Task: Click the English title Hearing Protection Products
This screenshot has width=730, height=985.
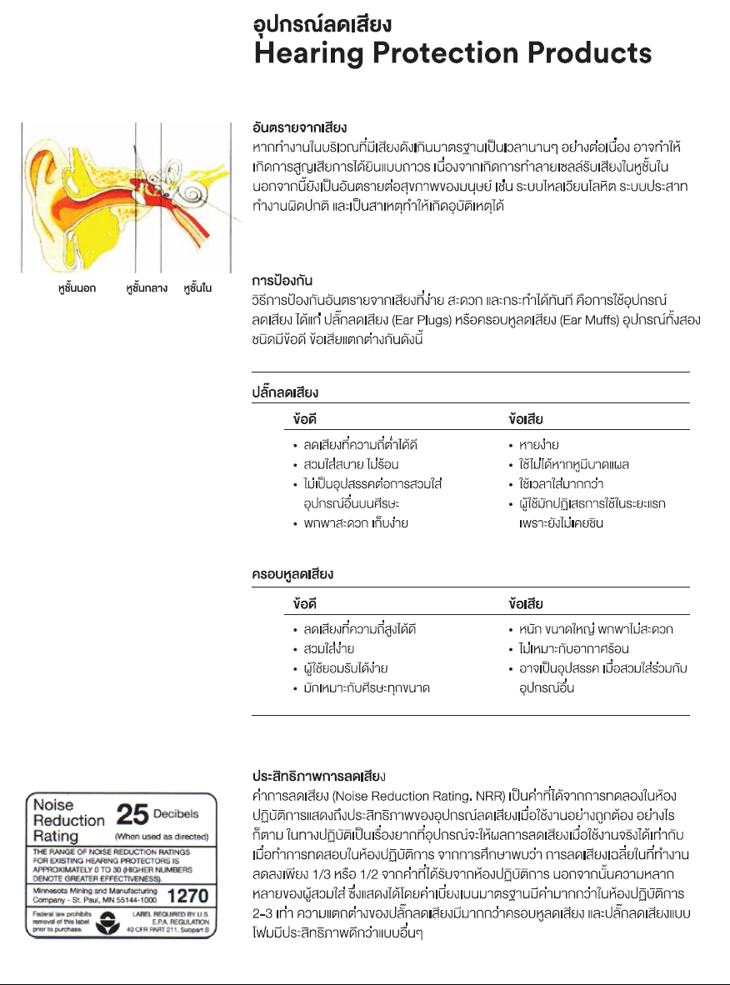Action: (452, 54)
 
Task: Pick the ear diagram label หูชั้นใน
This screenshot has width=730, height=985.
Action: (197, 288)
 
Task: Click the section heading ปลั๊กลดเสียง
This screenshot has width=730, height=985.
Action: (285, 391)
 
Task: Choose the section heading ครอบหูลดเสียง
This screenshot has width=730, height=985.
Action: (292, 574)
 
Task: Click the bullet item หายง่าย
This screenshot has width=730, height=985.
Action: (538, 445)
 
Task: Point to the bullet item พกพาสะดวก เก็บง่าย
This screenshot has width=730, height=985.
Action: (355, 523)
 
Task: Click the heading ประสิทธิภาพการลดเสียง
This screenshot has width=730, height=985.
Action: (317, 774)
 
